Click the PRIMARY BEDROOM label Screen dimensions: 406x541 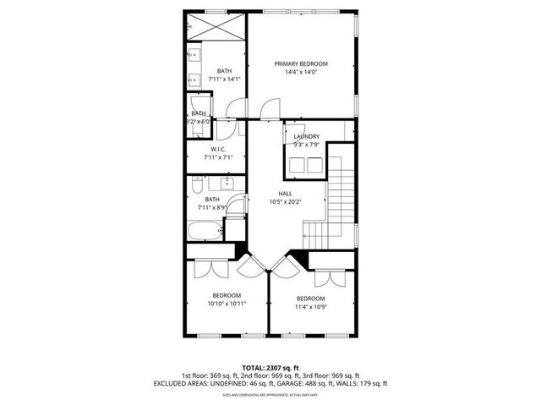301,63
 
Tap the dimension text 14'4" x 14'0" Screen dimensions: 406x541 301,73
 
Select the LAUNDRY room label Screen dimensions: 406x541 306,136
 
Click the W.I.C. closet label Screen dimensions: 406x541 216,149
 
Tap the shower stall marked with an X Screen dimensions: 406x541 216,25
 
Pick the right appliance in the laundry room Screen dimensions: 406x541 315,165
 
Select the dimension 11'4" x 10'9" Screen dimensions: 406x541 310,307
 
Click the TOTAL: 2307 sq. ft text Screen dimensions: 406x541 270,367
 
